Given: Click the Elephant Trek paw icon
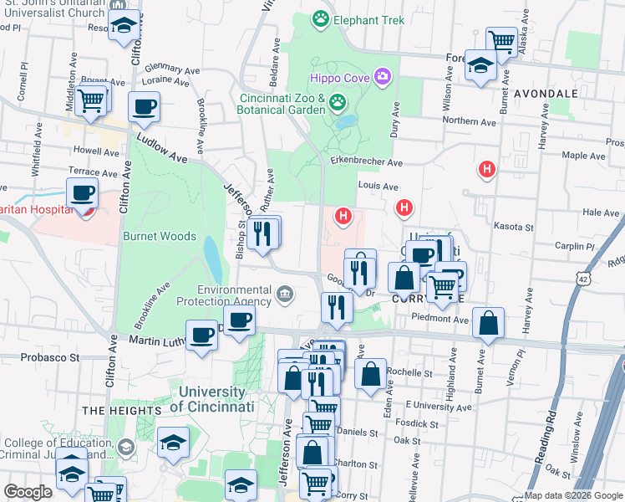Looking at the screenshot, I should pyautogui.click(x=319, y=18).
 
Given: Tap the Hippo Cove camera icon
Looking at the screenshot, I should pyautogui.click(x=383, y=78).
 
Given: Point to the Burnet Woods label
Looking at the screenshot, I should pyautogui.click(x=160, y=236).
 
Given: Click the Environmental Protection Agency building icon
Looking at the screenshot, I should pyautogui.click(x=285, y=293).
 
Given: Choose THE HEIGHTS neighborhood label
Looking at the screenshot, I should pyautogui.click(x=122, y=411).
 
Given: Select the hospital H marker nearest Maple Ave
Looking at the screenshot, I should pyautogui.click(x=486, y=171).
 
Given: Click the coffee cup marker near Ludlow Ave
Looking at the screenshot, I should pyautogui.click(x=144, y=107).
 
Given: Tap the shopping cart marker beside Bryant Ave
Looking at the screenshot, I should pyautogui.click(x=91, y=100).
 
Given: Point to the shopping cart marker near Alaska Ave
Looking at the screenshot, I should pyautogui.click(x=501, y=40).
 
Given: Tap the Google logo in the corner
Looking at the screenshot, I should pyautogui.click(x=28, y=492).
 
